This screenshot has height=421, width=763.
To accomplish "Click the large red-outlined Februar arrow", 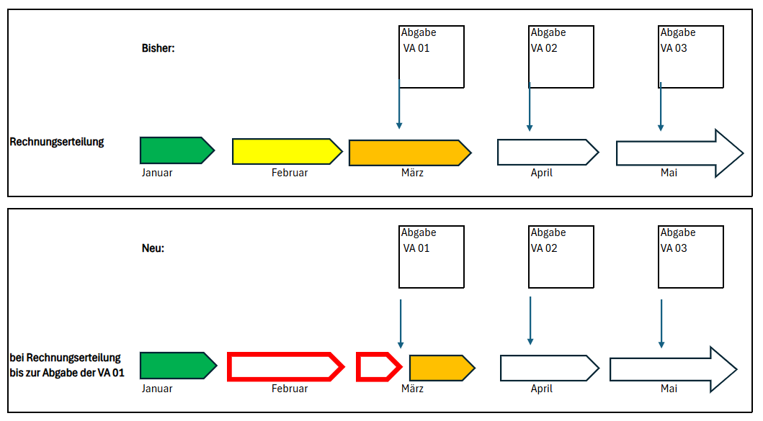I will point(285,366).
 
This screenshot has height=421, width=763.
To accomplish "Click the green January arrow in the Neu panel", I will point(177,366).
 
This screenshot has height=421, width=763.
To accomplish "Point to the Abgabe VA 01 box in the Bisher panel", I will point(432,57).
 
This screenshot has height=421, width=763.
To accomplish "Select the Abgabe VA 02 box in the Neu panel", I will point(561,257).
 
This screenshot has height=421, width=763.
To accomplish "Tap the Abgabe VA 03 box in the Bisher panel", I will point(691,57).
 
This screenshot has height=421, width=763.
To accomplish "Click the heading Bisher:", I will point(159,49).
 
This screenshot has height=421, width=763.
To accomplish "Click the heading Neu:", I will point(153,248).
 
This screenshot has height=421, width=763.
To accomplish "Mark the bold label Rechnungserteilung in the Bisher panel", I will point(57,142).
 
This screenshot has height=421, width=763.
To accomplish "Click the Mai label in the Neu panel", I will point(669,389).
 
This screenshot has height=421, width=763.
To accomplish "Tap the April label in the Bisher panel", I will point(541,173).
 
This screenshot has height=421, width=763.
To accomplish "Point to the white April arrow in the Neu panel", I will point(548,367).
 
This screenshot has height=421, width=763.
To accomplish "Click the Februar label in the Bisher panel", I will point(290,173).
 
